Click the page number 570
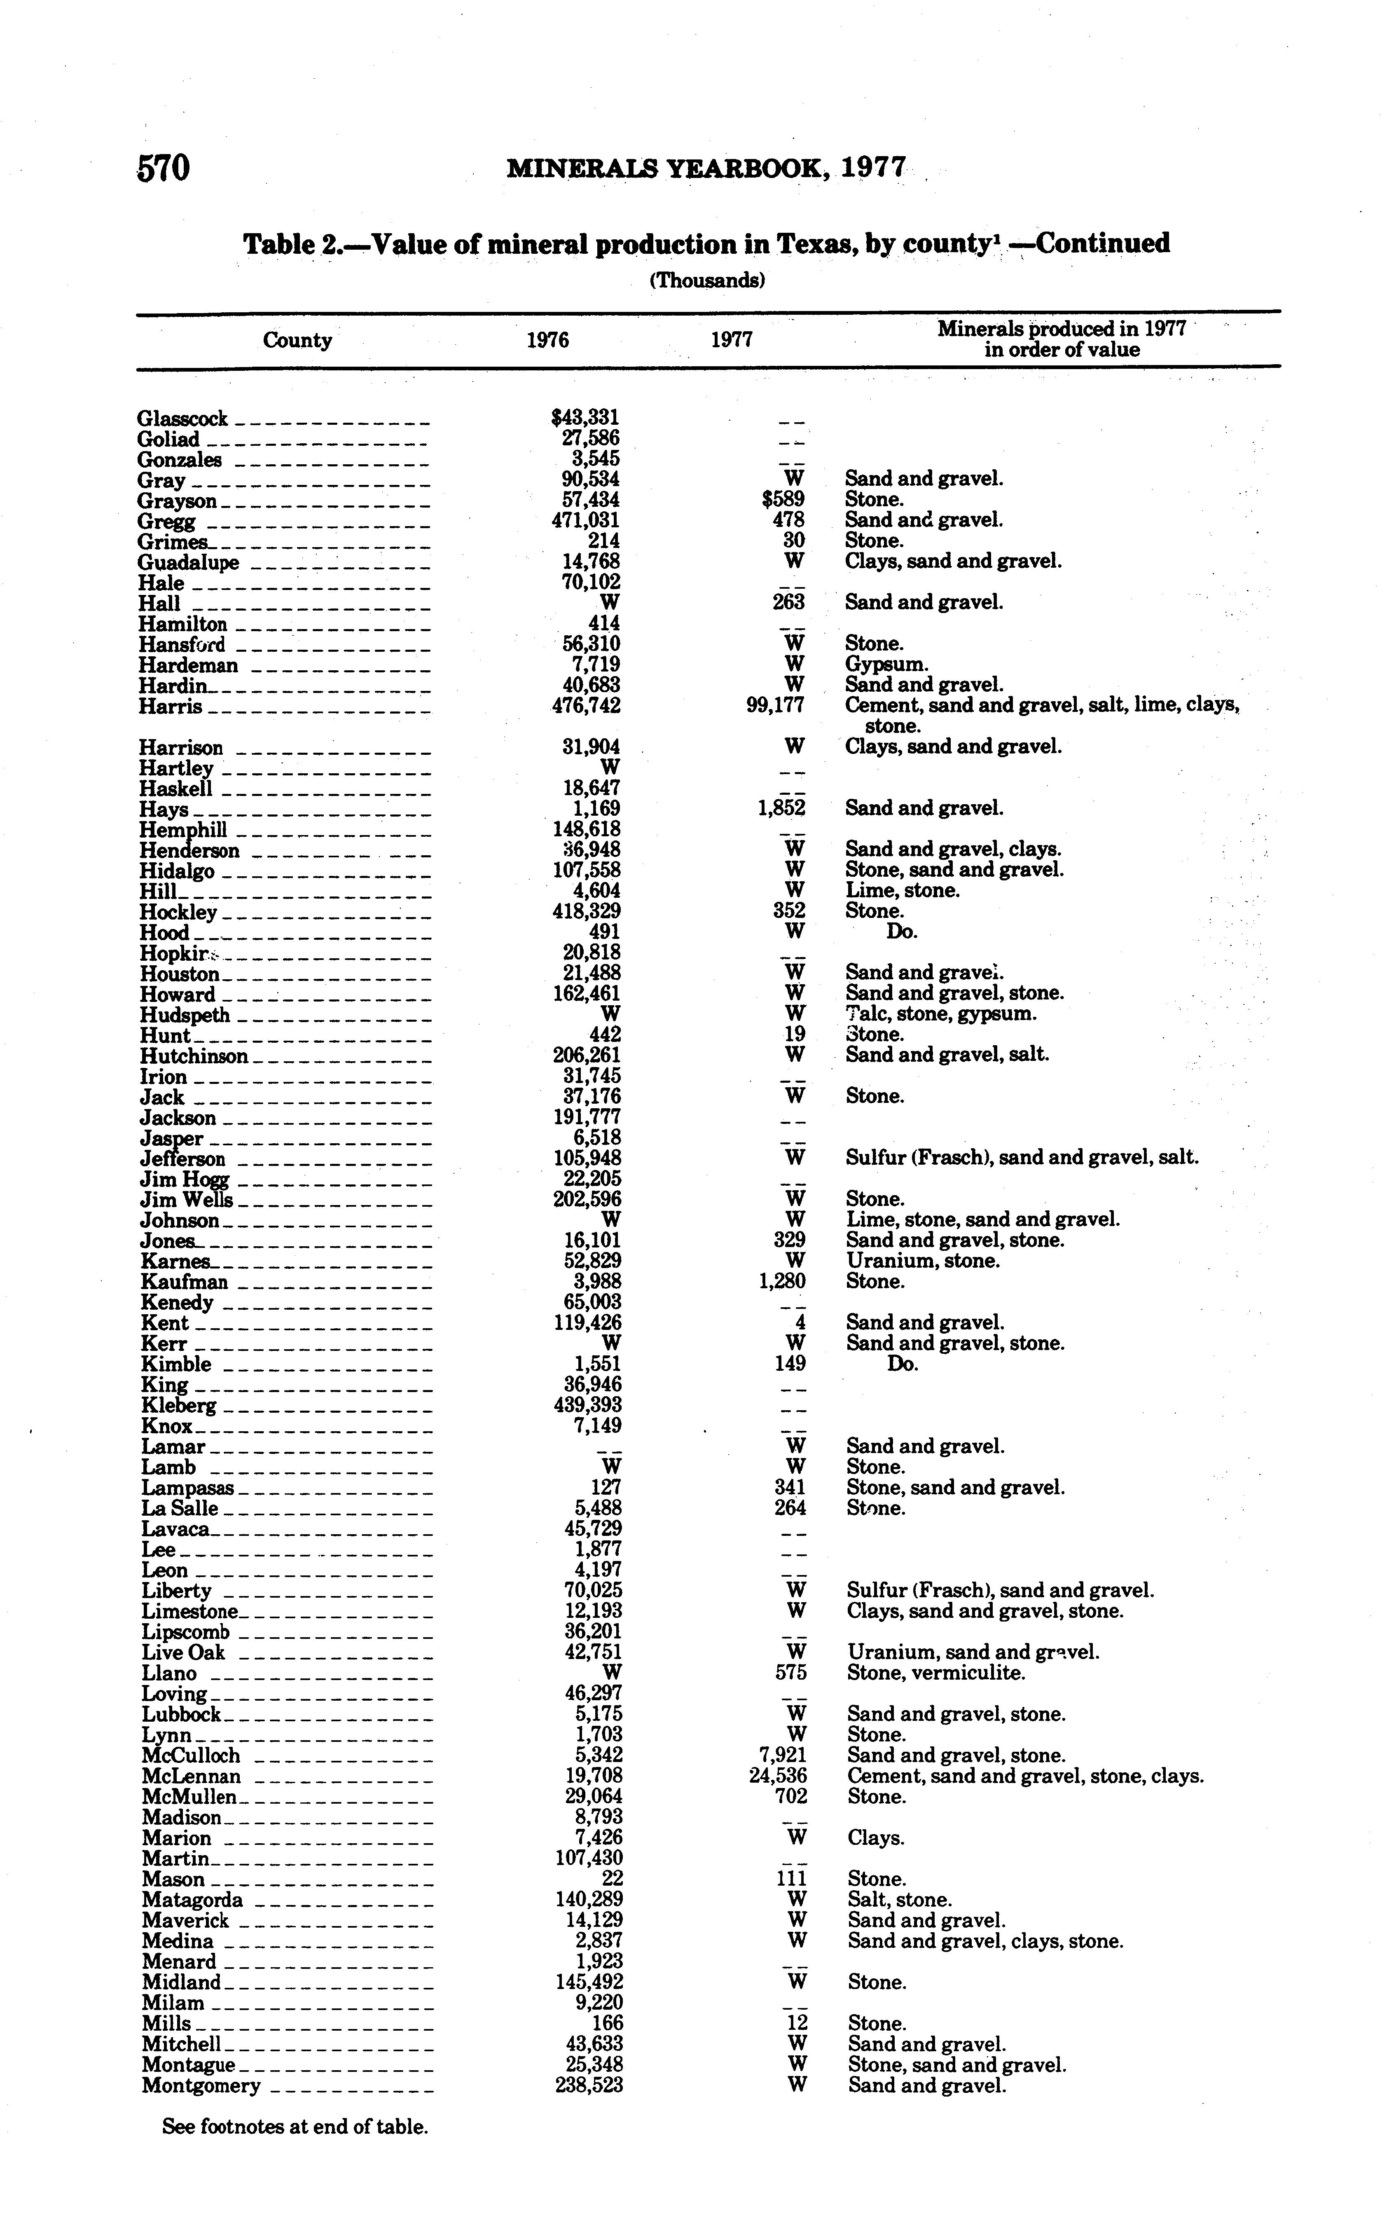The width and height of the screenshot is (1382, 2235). [164, 168]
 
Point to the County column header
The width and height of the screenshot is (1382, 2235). [297, 340]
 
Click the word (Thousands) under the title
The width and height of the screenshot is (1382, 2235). [706, 281]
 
